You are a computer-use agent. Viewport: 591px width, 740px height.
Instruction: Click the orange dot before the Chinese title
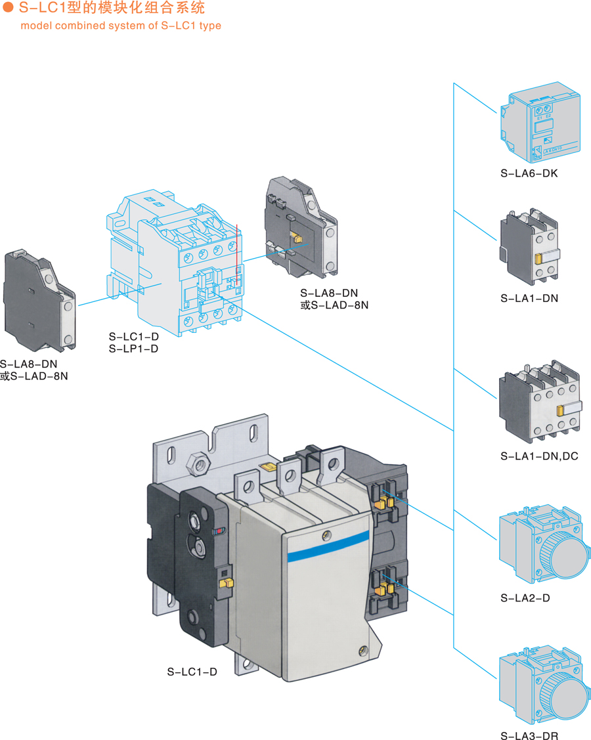coord(9,9)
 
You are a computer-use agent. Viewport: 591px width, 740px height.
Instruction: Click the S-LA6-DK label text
coord(529,174)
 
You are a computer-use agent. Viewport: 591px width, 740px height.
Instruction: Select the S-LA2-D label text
coord(525,598)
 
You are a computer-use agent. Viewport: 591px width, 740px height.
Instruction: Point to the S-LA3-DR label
coord(529,736)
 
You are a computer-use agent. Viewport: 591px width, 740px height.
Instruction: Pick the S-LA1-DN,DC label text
coord(539,456)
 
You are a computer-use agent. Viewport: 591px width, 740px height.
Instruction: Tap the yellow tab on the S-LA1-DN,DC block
coord(560,411)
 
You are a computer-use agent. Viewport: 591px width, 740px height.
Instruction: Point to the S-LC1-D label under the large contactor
coord(192,672)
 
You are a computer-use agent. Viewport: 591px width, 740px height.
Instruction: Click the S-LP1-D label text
coord(133,349)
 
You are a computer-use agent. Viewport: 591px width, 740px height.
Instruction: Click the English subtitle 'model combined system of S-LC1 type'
coord(121,26)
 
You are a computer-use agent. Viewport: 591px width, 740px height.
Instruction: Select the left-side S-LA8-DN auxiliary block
coord(39,299)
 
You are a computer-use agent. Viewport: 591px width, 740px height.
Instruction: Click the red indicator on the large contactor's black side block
coord(219,530)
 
